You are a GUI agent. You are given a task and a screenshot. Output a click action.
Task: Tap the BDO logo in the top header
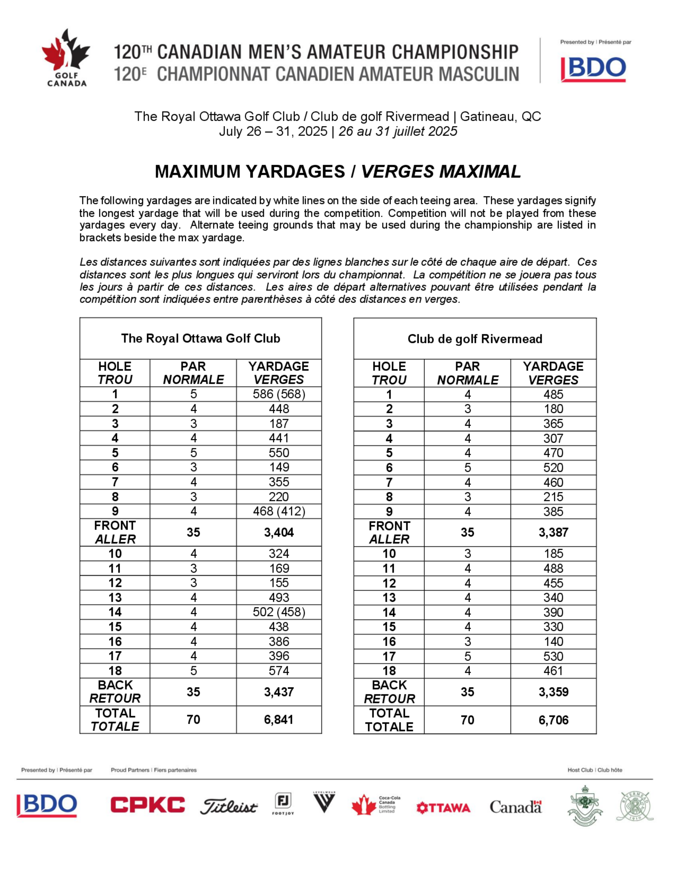point(594,69)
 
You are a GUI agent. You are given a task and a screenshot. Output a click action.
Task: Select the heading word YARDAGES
point(295,171)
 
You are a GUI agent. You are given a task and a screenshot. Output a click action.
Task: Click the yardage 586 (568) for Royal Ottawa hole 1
point(279,394)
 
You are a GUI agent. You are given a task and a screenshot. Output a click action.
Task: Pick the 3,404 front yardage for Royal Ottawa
point(279,533)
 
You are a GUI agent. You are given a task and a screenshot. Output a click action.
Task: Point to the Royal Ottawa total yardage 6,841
point(279,719)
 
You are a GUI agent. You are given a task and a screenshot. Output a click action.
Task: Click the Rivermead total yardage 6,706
point(553,720)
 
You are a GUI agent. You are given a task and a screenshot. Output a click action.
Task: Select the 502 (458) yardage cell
point(279,612)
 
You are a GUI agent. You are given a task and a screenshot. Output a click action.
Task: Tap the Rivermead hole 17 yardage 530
point(553,656)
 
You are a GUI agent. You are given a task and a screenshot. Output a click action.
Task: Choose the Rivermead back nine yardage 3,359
point(553,692)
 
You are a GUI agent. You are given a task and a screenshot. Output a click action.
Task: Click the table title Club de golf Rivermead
point(475,339)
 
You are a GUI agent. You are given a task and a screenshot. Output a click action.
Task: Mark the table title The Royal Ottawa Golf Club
point(201,338)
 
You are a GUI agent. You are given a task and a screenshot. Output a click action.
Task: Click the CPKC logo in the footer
point(148,805)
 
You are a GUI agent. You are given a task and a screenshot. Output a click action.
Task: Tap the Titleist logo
point(229,806)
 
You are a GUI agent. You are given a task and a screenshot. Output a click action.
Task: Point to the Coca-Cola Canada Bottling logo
point(376,804)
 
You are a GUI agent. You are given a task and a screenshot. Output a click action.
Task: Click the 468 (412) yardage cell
point(279,511)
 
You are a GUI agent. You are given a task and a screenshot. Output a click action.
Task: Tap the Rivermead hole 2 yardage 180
point(553,409)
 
